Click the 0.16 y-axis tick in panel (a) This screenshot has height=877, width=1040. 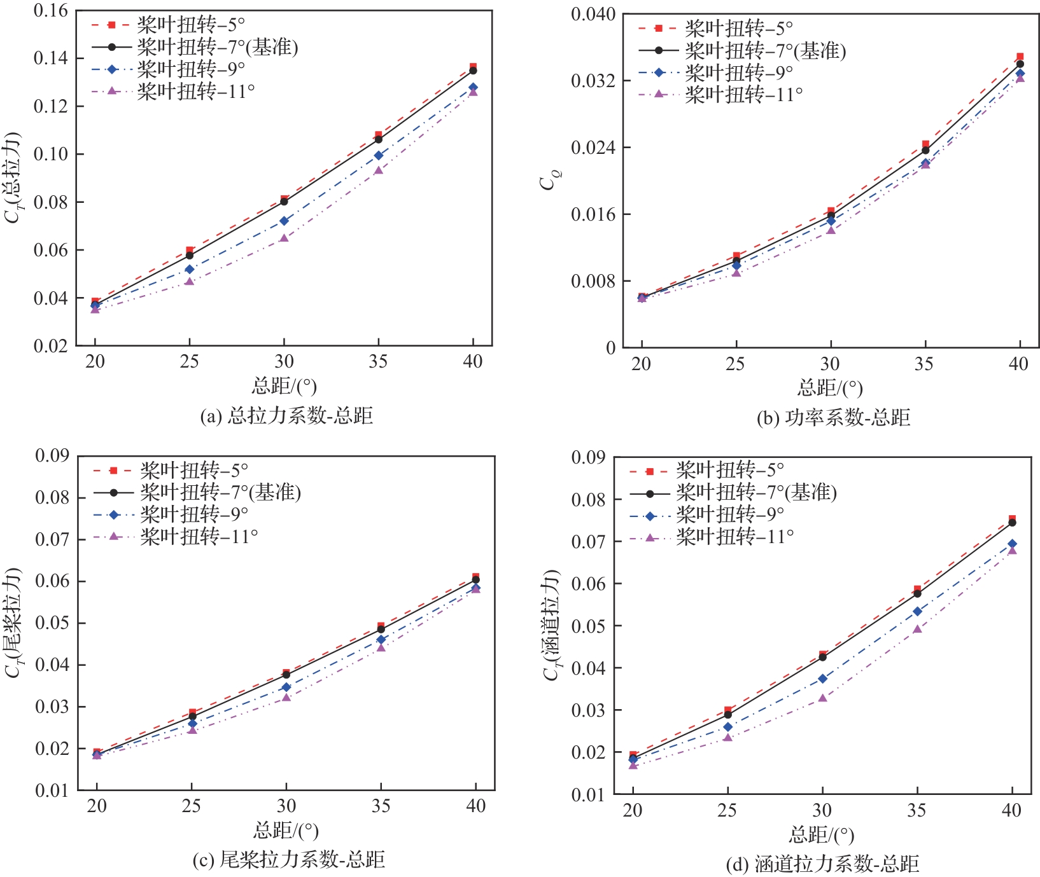pos(50,11)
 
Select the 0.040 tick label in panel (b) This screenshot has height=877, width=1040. pos(593,14)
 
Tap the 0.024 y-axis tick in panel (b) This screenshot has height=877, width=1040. pos(593,148)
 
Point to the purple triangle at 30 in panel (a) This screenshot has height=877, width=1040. pos(284,238)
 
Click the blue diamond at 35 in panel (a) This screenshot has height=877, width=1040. pos(379,155)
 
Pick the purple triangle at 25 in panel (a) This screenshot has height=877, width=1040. pos(189,281)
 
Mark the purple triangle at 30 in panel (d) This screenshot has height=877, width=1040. pos(822,698)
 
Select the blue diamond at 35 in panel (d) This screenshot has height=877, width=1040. pos(917,611)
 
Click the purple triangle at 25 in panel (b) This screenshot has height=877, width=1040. pos(736,272)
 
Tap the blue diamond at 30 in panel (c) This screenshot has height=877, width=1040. pos(286,687)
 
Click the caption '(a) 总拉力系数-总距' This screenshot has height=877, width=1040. pos(286,416)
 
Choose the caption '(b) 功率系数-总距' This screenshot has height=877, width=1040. pos(833,418)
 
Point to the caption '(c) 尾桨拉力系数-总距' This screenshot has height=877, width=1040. pos(288,860)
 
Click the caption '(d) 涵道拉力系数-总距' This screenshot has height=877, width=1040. pos(822,864)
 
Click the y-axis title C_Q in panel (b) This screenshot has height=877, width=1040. pos(547,181)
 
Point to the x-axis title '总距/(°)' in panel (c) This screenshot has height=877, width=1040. pos(286,830)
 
